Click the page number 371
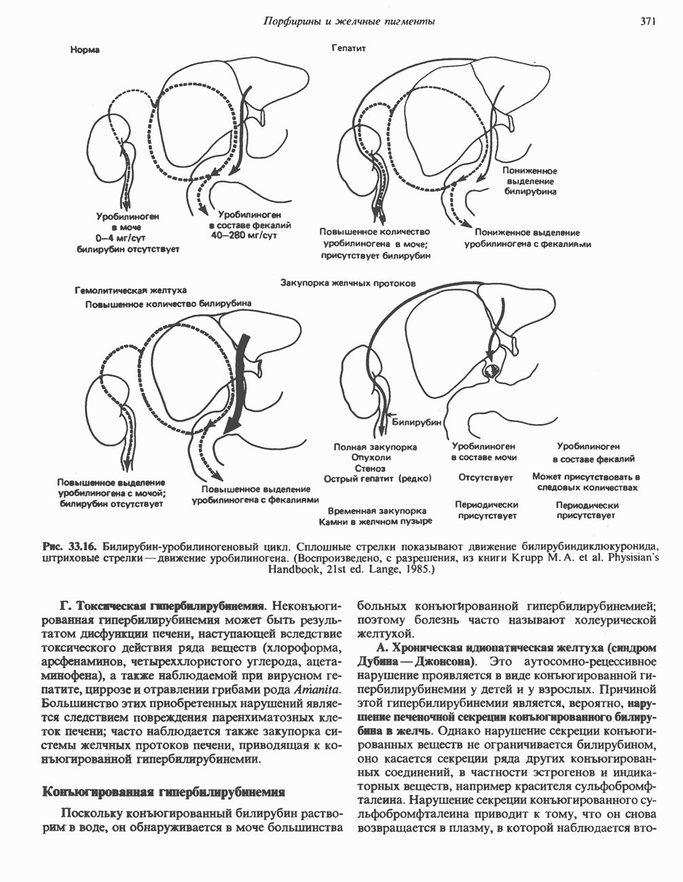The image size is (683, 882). coord(647,22)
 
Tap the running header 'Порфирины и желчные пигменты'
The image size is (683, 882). coord(348,22)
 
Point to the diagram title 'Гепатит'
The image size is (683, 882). coord(349,49)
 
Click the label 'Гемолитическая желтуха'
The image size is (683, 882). coord(130,290)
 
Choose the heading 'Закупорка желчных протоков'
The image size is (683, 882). coord(348,283)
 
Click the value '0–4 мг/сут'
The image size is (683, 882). coord(122,238)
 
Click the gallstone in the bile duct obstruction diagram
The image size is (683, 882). coord(490,370)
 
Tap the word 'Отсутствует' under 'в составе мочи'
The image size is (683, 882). coord(485,478)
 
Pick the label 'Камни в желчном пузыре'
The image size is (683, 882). coord(376,522)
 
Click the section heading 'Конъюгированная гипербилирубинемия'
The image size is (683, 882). coord(163,792)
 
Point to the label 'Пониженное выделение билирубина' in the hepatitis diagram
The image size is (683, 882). coord(530,182)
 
